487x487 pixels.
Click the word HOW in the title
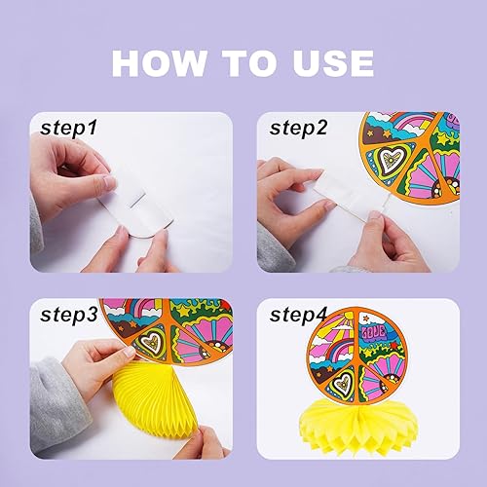click(160, 63)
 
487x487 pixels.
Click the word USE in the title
click(333, 63)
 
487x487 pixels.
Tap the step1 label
click(68, 128)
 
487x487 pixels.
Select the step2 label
click(298, 128)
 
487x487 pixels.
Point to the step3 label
click(69, 315)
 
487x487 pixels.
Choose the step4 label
click(298, 315)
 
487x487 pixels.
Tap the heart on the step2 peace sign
click(393, 160)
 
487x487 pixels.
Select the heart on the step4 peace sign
click(341, 382)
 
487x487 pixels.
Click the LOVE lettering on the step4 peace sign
click(374, 331)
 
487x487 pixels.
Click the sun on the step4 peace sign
click(349, 316)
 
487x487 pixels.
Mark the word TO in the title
click(248, 63)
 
